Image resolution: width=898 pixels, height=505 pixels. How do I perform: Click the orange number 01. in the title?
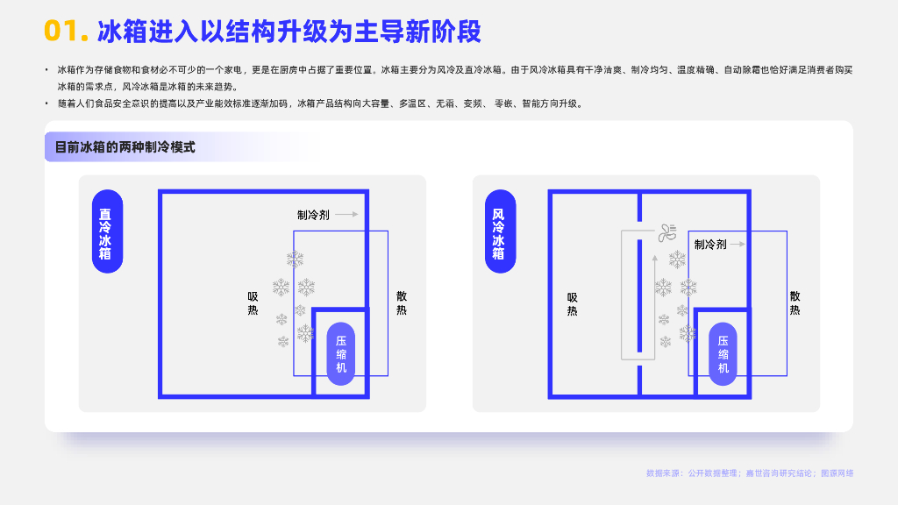(66, 32)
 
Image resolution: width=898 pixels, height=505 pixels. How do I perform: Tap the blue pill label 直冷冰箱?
(105, 233)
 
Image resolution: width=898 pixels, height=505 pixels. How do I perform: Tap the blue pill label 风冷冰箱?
(498, 233)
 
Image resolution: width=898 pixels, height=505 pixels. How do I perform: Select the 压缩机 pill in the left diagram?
(341, 354)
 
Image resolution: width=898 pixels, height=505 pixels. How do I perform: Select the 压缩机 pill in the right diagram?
(723, 354)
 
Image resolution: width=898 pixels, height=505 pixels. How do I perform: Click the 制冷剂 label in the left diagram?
(313, 215)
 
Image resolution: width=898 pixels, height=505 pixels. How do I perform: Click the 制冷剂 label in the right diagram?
(710, 245)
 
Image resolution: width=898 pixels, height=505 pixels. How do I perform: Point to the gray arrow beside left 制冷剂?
(347, 214)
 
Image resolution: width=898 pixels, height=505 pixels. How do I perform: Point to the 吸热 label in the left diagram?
(253, 303)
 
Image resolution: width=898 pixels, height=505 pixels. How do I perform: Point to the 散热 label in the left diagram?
(402, 303)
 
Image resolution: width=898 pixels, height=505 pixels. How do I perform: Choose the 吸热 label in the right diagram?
(573, 303)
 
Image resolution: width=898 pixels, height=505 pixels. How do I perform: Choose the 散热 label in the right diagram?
(795, 303)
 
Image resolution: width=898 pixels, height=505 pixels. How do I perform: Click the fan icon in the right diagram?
(667, 232)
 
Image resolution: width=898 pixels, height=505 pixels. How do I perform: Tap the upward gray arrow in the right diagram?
(653, 263)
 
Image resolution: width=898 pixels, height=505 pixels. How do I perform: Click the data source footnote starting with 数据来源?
(749, 473)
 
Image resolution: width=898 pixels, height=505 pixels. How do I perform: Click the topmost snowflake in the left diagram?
(295, 259)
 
